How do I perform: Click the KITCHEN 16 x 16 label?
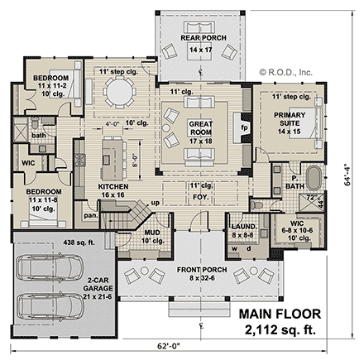pos(113,190)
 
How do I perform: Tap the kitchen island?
pos(111,153)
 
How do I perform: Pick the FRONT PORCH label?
pos(196,271)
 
